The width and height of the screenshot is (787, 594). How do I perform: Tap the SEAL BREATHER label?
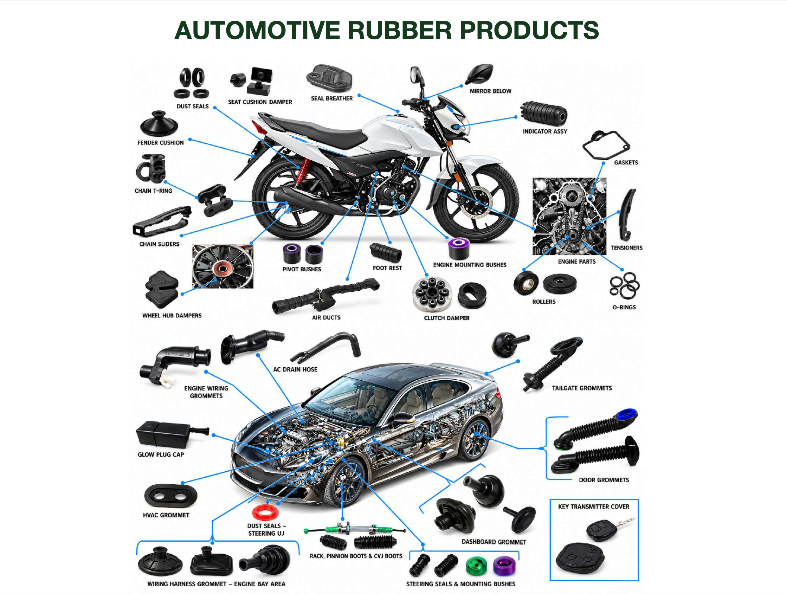click(331, 98)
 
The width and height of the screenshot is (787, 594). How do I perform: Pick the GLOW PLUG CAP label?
click(161, 454)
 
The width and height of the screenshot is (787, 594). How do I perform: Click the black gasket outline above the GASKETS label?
click(606, 145)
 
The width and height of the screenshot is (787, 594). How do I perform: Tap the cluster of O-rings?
click(624, 286)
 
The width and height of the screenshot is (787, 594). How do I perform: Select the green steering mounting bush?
click(476, 566)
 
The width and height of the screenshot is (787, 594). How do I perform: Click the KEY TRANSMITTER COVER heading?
click(593, 506)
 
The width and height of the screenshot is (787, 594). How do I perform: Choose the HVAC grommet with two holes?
click(170, 496)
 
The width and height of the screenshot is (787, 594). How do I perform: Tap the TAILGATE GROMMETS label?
click(582, 388)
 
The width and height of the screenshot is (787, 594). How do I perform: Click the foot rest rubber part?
click(386, 252)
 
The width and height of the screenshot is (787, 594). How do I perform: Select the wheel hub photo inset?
click(223, 266)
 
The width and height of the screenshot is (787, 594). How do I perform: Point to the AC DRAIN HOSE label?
click(295, 369)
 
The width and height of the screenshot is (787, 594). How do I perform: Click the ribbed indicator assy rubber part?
click(544, 114)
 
